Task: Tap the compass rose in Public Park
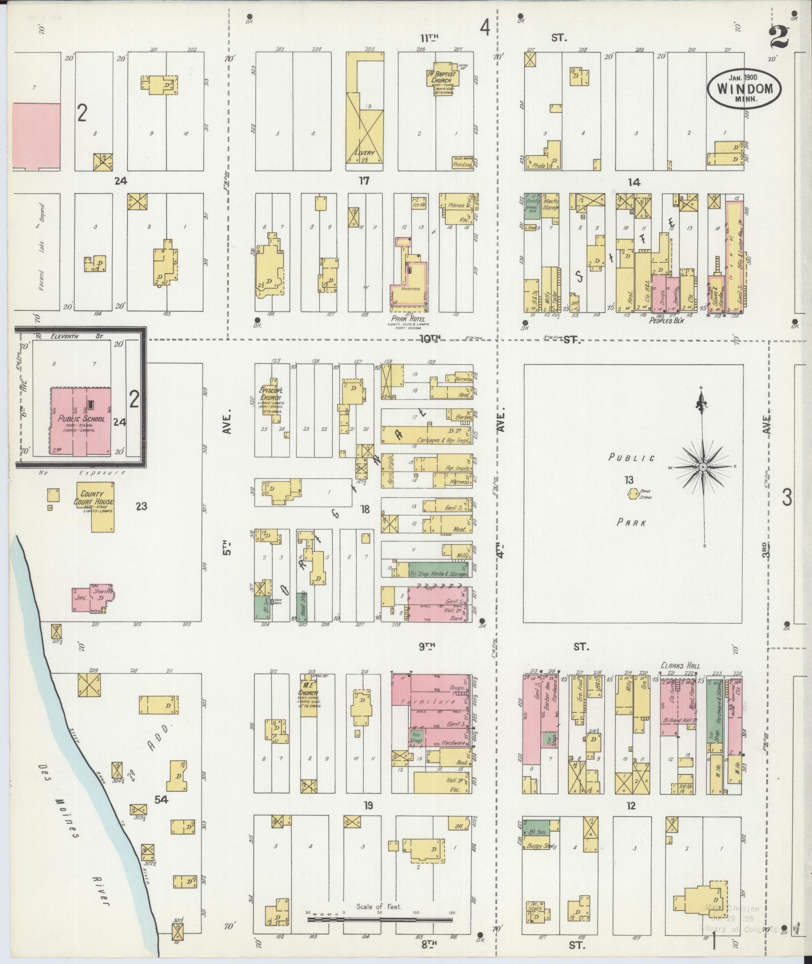tap(701, 467)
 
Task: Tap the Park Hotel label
tap(410, 319)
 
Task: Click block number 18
tap(364, 509)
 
